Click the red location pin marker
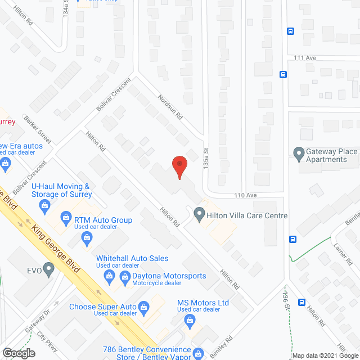point(179,166)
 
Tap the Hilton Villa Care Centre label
point(247,215)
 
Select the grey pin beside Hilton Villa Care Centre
point(199,214)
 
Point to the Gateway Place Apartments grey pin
point(299,152)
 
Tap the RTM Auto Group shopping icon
point(66,218)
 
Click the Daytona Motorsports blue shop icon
point(109,276)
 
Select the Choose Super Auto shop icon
point(144,307)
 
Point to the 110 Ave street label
point(246,195)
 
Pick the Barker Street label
point(38,130)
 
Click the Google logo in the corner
point(19,353)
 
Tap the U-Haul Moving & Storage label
point(61,190)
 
